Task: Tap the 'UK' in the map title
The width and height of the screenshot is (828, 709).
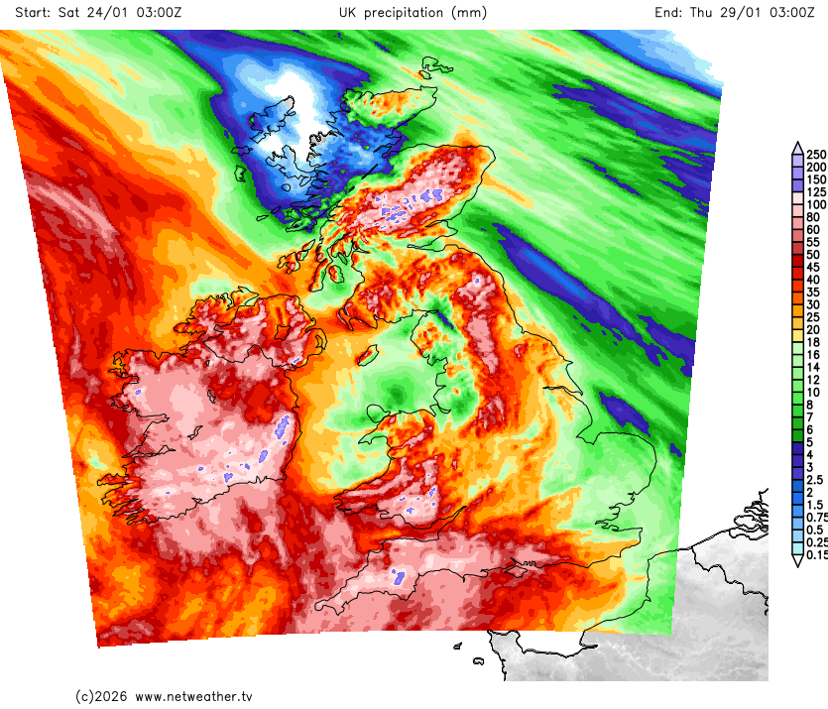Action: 348,13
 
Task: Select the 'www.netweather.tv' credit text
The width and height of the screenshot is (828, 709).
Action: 193,696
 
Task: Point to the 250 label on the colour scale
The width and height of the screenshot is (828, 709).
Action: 816,155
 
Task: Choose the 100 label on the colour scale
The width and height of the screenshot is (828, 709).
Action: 816,204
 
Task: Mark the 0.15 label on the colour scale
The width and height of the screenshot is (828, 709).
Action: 818,555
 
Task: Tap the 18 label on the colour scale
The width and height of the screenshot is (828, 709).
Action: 813,342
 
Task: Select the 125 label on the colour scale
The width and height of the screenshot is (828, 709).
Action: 816,192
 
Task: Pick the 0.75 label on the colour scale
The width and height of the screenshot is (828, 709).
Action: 817,518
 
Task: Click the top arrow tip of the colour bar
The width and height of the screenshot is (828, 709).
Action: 796,146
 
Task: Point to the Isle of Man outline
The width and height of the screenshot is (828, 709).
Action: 369,352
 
